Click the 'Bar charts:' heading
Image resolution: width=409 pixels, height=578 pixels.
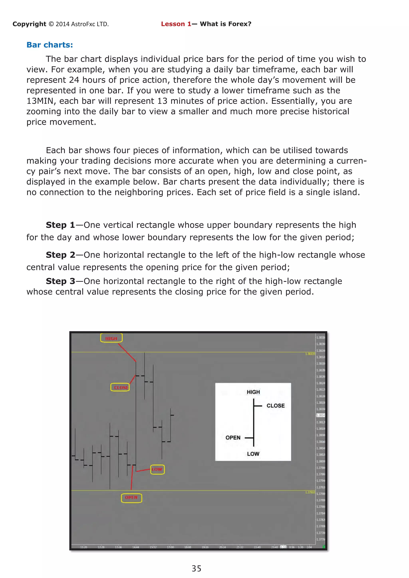coord(50,45)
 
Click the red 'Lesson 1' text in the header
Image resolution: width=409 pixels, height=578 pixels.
coord(176,24)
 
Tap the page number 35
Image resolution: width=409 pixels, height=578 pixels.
coord(197,568)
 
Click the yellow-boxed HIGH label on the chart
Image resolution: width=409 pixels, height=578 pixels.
coord(111,338)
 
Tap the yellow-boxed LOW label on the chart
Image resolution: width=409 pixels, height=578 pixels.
coord(157,469)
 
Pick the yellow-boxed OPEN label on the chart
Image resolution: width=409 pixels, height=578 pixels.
coord(131,498)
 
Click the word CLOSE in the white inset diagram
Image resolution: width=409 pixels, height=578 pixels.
coord(276,406)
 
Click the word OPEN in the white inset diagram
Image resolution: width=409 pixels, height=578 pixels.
coord(233,437)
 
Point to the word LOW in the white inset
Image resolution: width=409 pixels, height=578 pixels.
coord(253,454)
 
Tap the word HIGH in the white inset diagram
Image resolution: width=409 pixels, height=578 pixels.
coord(253,392)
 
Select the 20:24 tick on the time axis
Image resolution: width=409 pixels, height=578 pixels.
coord(222,547)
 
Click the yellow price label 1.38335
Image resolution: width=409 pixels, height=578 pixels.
coord(310,354)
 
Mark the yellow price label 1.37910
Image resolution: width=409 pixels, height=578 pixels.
coord(310,492)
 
